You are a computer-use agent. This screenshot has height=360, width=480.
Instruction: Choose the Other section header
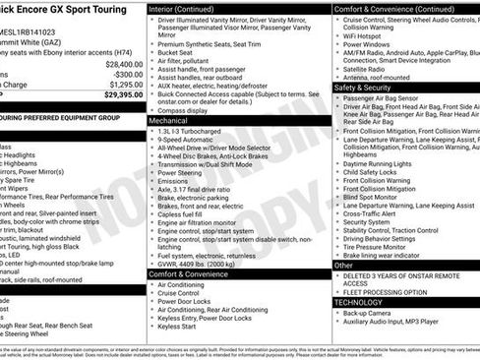pyautogui.click(x=344, y=266)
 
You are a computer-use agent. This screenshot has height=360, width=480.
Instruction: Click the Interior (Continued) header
pyautogui.click(x=189, y=8)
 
